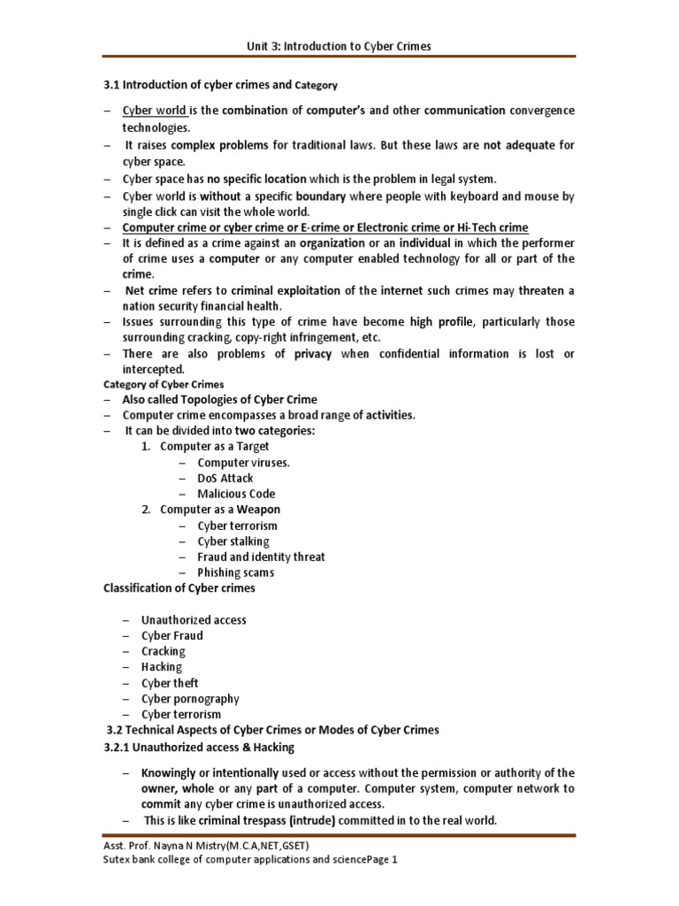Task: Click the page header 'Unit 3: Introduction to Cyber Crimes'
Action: (x=339, y=46)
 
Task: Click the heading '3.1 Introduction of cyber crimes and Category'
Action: (x=221, y=85)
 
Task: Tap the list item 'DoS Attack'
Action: (x=225, y=478)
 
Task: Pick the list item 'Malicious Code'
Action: (x=236, y=494)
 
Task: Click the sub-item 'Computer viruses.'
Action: (x=243, y=462)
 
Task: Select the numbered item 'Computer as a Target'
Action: (x=214, y=446)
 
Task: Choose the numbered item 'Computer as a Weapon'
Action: (x=219, y=510)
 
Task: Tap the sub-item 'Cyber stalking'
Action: (x=233, y=541)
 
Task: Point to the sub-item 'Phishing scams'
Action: (x=235, y=572)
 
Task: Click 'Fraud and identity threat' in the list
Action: (x=261, y=557)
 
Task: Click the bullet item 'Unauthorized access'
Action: (x=194, y=620)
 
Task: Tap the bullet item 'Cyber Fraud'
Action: (x=172, y=635)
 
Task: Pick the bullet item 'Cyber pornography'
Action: (x=190, y=699)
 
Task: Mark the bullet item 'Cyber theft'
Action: (x=170, y=683)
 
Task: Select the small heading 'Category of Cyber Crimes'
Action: (x=164, y=384)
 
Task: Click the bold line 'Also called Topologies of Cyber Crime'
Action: (x=219, y=399)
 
